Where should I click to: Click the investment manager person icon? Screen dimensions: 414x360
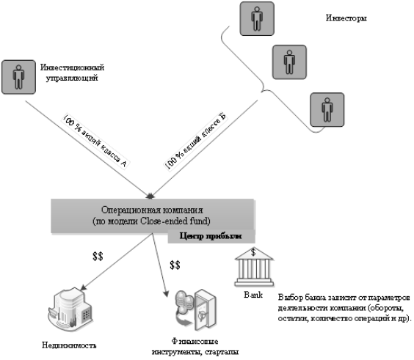(x=18, y=77)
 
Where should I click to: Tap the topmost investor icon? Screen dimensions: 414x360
(x=257, y=19)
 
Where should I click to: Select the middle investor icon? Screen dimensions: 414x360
(x=289, y=62)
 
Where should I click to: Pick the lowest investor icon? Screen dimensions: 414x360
(x=327, y=110)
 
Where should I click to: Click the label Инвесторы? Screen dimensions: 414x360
(x=346, y=18)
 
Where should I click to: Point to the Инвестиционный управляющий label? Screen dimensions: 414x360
(x=72, y=73)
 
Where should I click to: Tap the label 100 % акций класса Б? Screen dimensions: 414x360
(x=196, y=142)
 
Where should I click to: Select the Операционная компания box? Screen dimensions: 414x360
(x=153, y=216)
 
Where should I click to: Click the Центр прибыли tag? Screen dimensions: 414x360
(x=211, y=236)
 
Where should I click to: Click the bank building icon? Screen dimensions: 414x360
(x=254, y=267)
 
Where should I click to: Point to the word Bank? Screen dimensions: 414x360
(x=253, y=295)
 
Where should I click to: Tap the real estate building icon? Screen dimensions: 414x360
(x=70, y=309)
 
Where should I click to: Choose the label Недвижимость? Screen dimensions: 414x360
(x=69, y=345)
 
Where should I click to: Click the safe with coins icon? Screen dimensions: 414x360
(x=196, y=310)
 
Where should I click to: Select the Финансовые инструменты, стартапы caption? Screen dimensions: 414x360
(x=195, y=347)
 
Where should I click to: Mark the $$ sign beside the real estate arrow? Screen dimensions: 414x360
(x=98, y=256)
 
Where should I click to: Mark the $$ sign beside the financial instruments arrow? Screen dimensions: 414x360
(x=175, y=265)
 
